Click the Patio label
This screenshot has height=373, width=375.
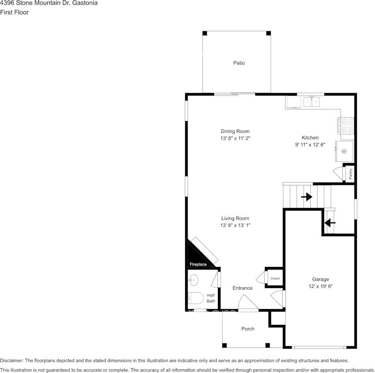pos(239,63)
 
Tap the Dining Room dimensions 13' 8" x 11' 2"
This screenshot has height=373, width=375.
pos(235,138)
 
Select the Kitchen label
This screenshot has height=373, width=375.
pos(310,138)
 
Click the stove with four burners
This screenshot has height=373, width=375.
pos(345,125)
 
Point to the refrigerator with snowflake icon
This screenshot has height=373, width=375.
pos(344,151)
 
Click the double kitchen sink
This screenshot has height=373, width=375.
pos(311,102)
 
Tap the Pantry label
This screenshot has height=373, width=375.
pos(351,174)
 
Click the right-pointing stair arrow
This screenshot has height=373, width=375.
pos(307,197)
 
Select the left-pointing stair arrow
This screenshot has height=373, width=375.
pos(330,223)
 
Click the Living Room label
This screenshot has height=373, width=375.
pos(235,218)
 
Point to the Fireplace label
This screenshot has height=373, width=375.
pos(198,264)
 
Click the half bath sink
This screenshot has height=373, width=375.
pos(193,280)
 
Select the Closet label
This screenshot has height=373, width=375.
pos(275,278)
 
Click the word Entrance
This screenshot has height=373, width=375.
pos(242,288)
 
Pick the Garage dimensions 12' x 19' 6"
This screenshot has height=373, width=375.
pos(321,286)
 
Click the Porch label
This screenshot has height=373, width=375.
pos(248,329)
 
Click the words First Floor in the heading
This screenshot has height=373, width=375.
pos(14,12)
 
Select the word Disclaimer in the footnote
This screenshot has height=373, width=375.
pos(11,360)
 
